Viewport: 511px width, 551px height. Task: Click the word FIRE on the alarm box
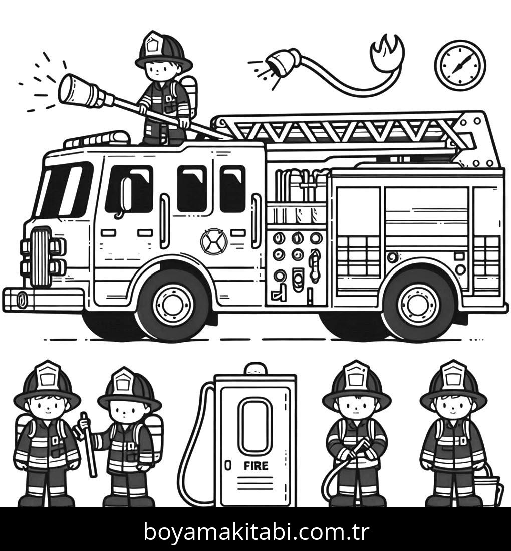point(256,466)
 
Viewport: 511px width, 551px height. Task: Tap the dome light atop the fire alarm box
point(255,369)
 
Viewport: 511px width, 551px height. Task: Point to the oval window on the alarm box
point(255,426)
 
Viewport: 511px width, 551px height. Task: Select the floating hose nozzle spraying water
point(283,62)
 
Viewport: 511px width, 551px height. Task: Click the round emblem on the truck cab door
point(214,241)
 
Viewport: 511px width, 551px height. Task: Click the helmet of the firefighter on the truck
point(163,51)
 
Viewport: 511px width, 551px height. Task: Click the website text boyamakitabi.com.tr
point(256,531)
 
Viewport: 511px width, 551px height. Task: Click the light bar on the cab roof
point(97,140)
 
